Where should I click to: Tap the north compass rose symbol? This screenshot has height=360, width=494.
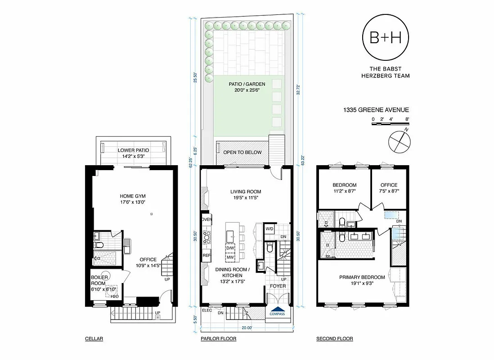point(399,140)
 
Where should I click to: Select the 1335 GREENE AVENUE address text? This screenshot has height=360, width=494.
point(376,110)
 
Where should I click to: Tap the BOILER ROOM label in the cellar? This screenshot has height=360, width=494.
point(99,280)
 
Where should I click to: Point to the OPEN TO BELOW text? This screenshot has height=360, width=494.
point(242,153)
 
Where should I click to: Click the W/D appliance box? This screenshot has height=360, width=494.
point(269,229)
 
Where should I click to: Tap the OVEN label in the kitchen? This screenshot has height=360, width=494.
point(207,219)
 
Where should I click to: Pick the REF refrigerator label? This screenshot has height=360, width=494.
point(207,255)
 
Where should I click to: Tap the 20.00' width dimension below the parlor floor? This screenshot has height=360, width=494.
point(246,328)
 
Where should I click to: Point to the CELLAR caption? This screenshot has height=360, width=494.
point(94,339)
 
